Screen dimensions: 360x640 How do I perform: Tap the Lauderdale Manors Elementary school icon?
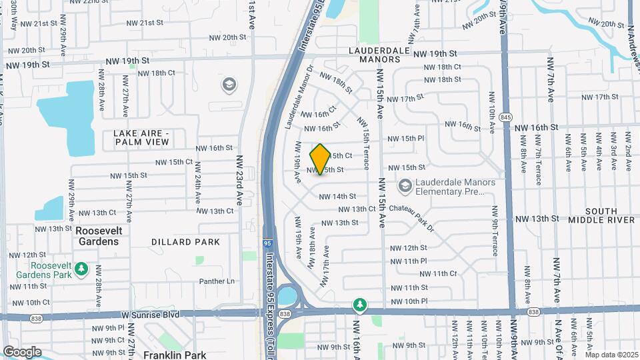coord(404,186)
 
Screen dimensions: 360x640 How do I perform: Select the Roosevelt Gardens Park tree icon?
coord(81,268)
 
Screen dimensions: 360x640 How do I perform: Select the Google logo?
coord(22,351)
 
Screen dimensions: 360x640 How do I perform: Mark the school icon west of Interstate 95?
coord(229,85)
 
